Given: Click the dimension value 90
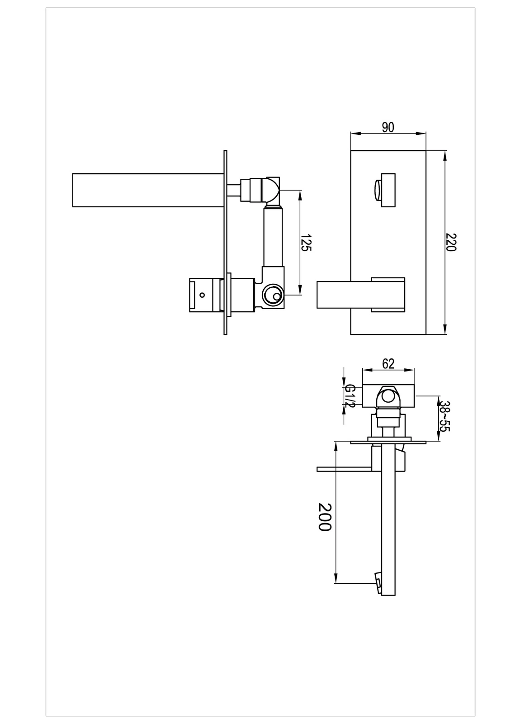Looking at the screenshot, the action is click(388, 127).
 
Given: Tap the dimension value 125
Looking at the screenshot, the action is click(306, 243).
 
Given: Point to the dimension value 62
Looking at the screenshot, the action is click(388, 364).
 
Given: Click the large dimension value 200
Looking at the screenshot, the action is click(324, 517).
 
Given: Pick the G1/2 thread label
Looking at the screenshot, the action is click(350, 395).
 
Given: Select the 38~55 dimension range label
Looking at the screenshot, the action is click(445, 416).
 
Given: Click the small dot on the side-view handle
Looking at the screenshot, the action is click(202, 295).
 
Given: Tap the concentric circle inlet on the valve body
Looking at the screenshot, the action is click(273, 295).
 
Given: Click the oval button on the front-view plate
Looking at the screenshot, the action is click(377, 191).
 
